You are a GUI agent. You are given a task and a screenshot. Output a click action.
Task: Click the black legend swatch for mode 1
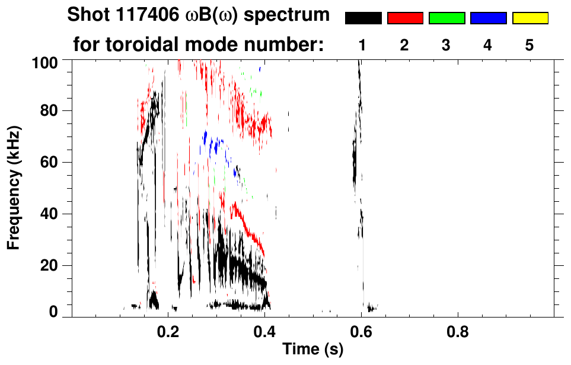click(x=363, y=18)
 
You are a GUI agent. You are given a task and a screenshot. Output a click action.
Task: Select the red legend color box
click(x=405, y=18)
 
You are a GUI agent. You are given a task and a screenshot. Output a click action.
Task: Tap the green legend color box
click(x=446, y=18)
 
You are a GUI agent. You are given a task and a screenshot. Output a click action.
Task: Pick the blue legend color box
click(x=488, y=18)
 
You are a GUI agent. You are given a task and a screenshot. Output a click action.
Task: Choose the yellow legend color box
click(x=530, y=18)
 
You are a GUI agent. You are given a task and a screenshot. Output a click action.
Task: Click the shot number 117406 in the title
click(x=143, y=15)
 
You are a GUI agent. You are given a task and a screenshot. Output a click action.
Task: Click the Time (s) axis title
click(x=312, y=350)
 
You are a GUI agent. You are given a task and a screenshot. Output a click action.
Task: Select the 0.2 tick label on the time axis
click(x=168, y=331)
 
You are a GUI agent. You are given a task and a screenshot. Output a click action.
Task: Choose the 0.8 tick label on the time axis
click(x=457, y=331)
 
